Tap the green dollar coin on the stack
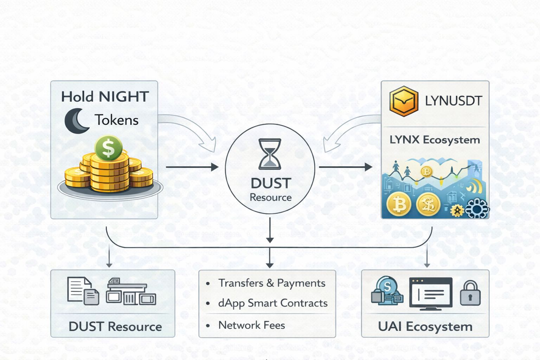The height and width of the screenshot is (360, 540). (109, 148)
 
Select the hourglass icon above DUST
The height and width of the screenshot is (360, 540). (270, 154)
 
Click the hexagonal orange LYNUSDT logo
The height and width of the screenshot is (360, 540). (404, 101)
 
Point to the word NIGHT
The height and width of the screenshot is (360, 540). (124, 97)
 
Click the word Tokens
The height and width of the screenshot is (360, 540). (117, 120)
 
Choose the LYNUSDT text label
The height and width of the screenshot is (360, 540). (453, 101)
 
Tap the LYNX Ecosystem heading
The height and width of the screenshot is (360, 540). (435, 140)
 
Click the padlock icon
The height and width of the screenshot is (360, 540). (470, 293)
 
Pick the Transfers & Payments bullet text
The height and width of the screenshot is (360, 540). (272, 283)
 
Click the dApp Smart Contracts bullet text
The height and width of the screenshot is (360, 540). (273, 303)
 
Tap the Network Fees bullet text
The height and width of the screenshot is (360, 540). (252, 325)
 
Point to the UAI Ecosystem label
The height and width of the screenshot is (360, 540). (425, 327)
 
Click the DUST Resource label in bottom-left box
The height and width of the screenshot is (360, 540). (115, 327)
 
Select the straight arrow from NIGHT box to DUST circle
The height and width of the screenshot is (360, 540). (192, 167)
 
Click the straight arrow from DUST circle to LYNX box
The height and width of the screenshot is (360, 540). (345, 167)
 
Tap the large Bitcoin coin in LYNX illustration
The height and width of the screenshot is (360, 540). (399, 204)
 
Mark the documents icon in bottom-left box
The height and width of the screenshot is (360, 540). (83, 291)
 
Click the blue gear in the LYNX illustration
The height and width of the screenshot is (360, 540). (477, 208)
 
